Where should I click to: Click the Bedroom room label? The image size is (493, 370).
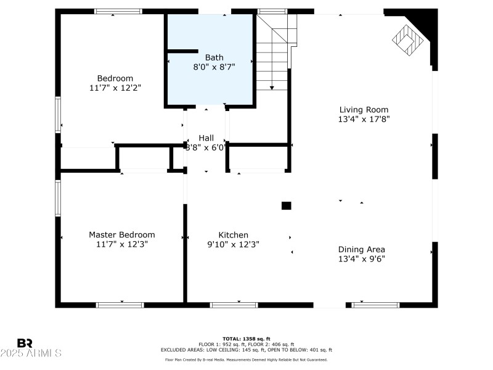[x=115, y=78]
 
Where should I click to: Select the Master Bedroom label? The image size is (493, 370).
[x=121, y=235]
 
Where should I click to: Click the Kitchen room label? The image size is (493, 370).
[x=234, y=235]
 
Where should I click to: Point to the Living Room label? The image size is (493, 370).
[x=364, y=110]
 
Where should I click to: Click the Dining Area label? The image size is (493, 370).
[x=362, y=250]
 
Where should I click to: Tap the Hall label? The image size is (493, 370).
[x=206, y=138]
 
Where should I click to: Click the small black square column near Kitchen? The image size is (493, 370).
[x=286, y=205]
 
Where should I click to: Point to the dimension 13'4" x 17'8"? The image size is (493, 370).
[x=364, y=119]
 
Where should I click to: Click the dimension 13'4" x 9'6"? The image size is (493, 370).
[x=362, y=259]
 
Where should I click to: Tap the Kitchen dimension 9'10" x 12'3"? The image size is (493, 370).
[x=234, y=244]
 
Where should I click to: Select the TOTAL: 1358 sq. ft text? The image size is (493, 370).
[x=246, y=339]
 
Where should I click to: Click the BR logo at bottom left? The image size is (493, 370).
[x=25, y=343]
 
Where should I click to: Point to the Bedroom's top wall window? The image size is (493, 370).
[x=118, y=11]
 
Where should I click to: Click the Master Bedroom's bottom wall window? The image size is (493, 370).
[x=120, y=305]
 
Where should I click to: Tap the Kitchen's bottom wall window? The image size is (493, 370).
[x=234, y=305]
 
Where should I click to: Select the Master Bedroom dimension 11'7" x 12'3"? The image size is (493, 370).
[x=121, y=244]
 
